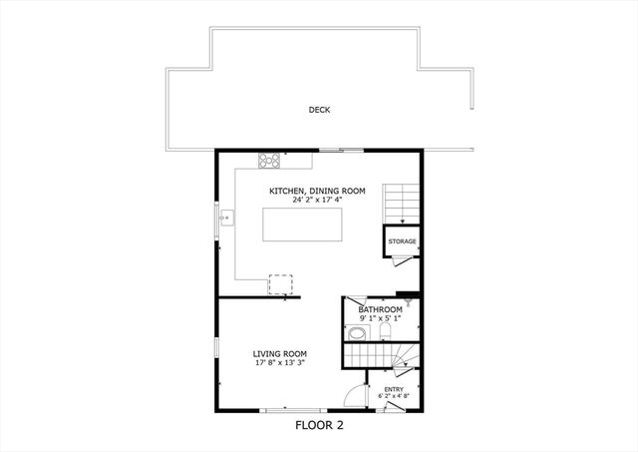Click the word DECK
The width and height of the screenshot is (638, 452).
pyautogui.click(x=319, y=110)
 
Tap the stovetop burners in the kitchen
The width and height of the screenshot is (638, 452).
pyautogui.click(x=269, y=160)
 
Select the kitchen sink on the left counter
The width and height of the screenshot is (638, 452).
pyautogui.click(x=225, y=217)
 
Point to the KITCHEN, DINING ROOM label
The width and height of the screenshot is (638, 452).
pyautogui.click(x=317, y=191)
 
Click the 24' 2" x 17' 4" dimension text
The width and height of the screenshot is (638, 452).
pyautogui.click(x=317, y=200)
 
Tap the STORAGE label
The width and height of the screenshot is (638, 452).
pyautogui.click(x=402, y=241)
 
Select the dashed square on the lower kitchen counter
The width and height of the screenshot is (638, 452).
pyautogui.click(x=280, y=285)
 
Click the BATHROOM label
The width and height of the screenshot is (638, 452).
pyautogui.click(x=380, y=309)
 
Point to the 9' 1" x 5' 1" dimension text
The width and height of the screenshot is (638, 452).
pyautogui.click(x=380, y=318)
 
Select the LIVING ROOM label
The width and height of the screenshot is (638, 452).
pyautogui.click(x=279, y=353)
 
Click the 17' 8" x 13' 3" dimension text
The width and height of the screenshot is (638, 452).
pyautogui.click(x=279, y=362)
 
